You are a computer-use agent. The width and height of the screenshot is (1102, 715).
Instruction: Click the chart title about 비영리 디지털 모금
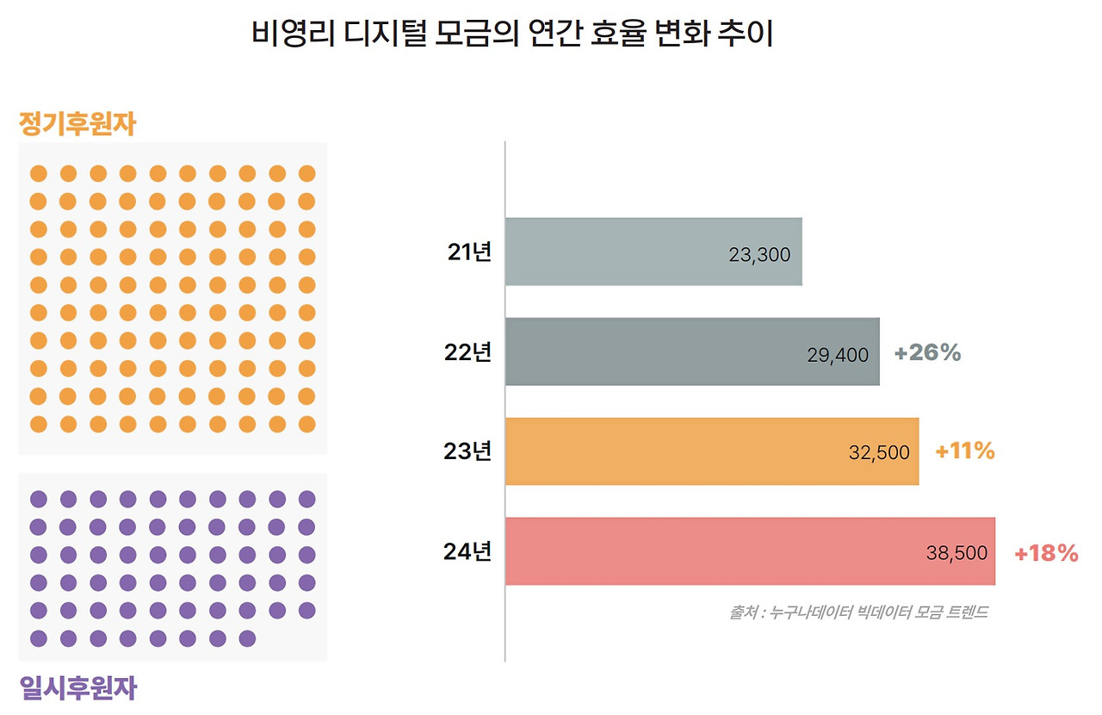(512, 35)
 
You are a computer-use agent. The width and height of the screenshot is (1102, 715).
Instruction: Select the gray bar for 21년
(653, 252)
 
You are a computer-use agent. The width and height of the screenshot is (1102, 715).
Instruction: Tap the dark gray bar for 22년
(691, 351)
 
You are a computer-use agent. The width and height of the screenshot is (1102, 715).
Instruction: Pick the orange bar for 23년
(711, 451)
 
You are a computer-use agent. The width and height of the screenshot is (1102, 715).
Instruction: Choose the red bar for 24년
(749, 551)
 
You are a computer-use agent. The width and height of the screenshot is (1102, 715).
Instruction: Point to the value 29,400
(838, 355)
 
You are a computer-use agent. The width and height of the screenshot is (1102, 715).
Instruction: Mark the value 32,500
(879, 453)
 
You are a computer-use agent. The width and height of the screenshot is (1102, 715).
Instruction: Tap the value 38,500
(957, 553)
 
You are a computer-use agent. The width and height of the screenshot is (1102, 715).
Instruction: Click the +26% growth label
(927, 352)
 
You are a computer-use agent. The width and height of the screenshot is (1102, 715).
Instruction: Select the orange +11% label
(965, 451)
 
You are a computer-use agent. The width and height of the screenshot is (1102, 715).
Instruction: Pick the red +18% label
(1046, 553)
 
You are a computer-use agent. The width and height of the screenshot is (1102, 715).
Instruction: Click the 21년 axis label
(468, 252)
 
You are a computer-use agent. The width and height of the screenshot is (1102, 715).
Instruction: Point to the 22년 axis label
(468, 352)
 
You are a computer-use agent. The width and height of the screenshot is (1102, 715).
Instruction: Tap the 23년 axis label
(468, 451)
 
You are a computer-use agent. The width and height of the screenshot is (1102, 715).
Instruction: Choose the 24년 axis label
(468, 551)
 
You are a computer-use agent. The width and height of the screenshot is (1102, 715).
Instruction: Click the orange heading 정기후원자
(77, 125)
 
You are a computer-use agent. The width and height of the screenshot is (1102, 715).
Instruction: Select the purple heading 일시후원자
(77, 687)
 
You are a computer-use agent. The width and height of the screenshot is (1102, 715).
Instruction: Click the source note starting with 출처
(858, 612)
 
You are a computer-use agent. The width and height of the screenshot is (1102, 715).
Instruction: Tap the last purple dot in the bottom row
(247, 638)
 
